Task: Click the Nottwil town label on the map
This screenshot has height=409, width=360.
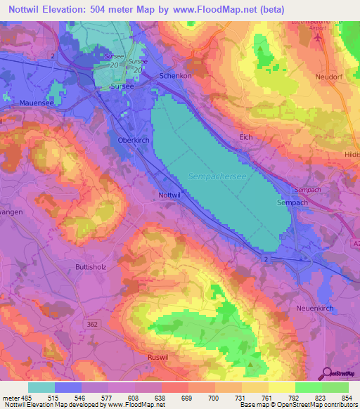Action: pyautogui.click(x=170, y=195)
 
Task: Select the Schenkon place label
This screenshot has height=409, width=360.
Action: pyautogui.click(x=176, y=75)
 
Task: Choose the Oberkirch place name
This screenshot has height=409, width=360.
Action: pyautogui.click(x=127, y=139)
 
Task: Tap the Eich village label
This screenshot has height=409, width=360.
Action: pyautogui.click(x=245, y=137)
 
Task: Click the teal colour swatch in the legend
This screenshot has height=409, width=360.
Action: pyautogui.click(x=41, y=387)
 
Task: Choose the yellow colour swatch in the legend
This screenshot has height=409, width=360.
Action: pyautogui.click(x=281, y=387)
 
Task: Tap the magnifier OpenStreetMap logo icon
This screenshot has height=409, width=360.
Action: pyautogui.click(x=328, y=373)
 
